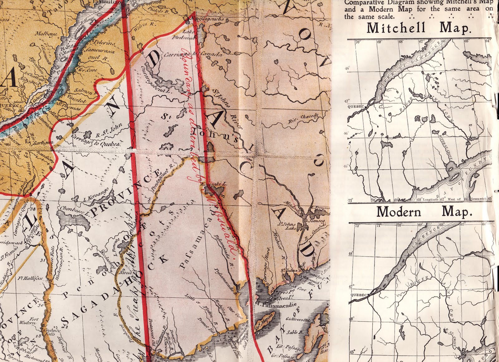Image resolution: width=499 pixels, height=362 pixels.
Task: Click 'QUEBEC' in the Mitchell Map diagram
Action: [356, 107]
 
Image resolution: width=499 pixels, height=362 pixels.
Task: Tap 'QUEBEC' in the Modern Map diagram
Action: [359, 295]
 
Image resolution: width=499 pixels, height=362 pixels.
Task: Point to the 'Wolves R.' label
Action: [144, 25]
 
